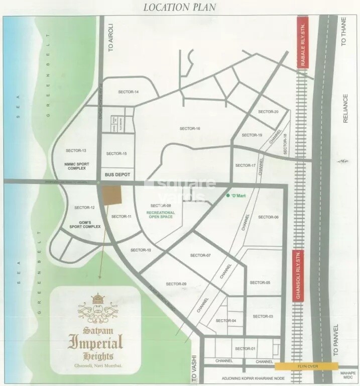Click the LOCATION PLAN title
pyautogui.click(x=180, y=7)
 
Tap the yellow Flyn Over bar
pyautogui.click(x=306, y=366)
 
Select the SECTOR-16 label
pyautogui.click(x=190, y=129)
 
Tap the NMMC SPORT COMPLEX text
pyautogui.click(x=76, y=164)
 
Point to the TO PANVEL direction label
pyautogui.click(x=344, y=341)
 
